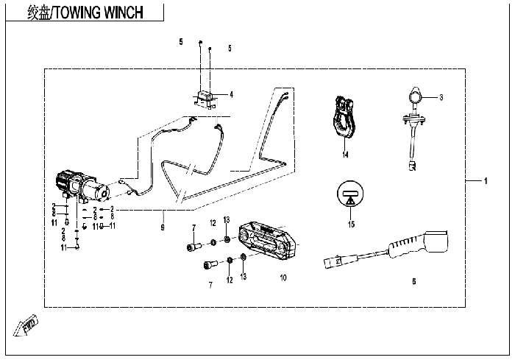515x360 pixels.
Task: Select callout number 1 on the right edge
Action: click(486, 180)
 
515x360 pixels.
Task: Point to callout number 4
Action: click(231, 94)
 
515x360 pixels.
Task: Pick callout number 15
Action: click(352, 223)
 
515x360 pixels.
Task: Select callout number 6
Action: click(414, 280)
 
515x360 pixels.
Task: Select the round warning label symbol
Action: click(351, 194)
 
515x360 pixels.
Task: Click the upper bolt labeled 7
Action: click(195, 246)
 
